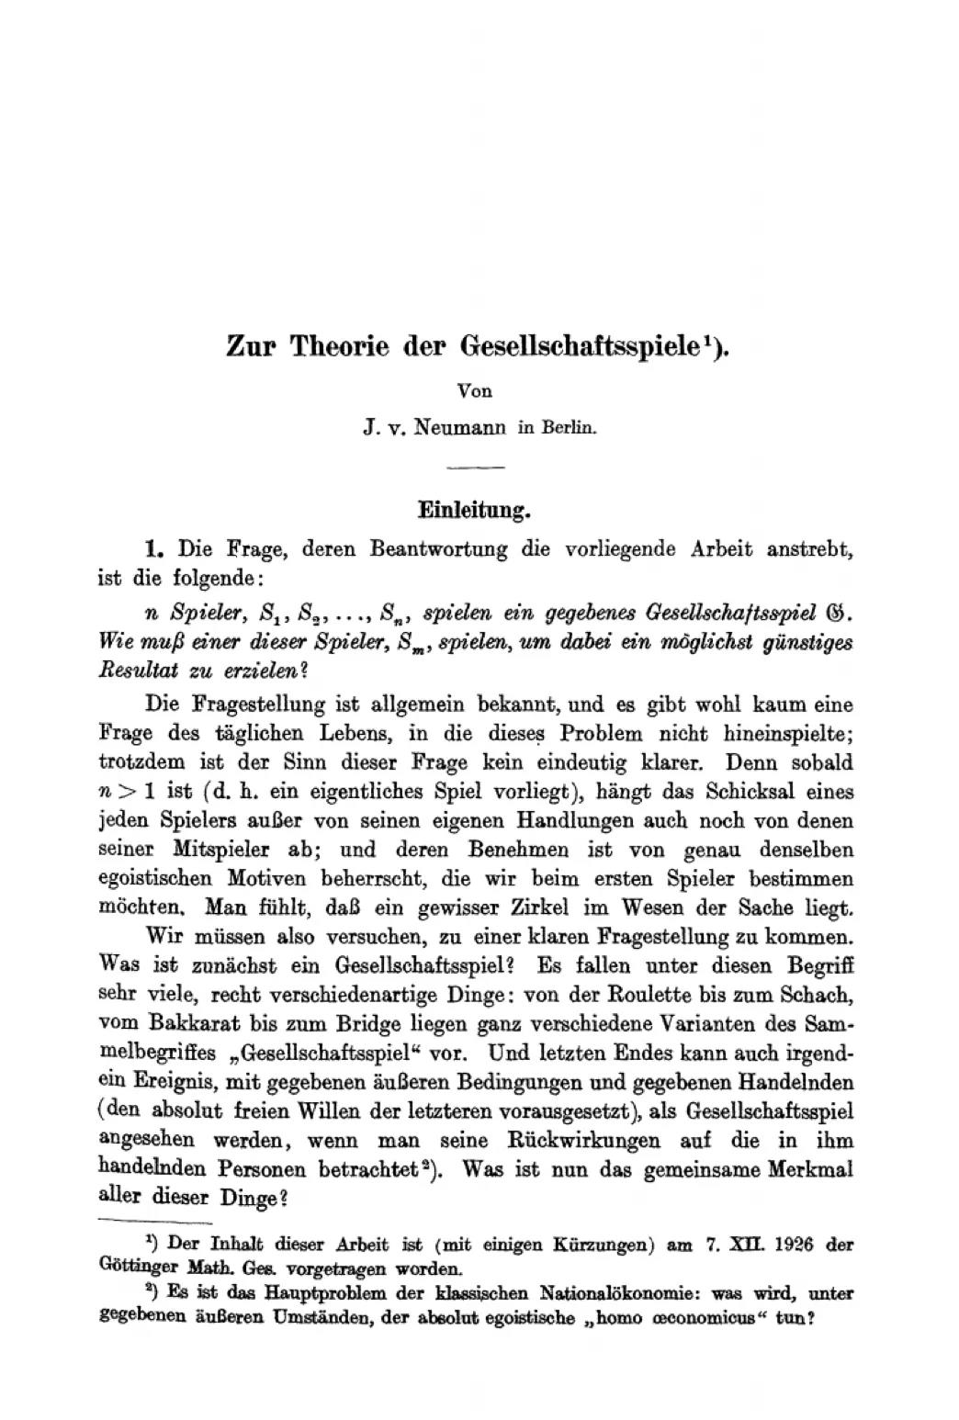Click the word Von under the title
point(475,390)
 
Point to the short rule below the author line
point(475,468)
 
